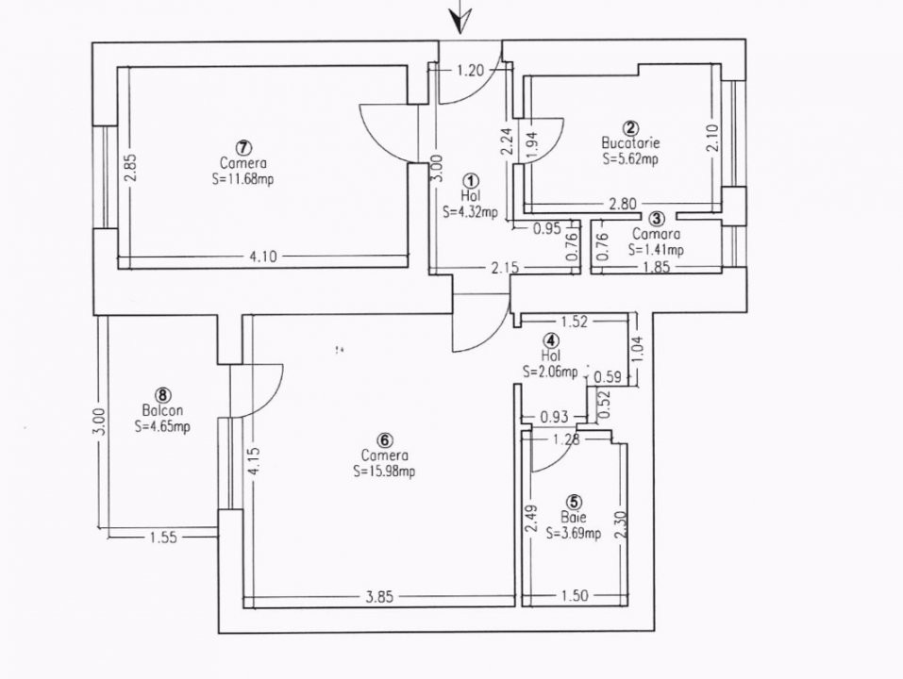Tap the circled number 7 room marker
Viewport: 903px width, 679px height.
243,147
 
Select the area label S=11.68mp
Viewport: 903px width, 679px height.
243,178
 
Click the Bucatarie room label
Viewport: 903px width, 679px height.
630,143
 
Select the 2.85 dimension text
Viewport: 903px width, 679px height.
131,167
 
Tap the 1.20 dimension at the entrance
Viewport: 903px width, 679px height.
470,69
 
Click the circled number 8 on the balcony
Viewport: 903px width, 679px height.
163,395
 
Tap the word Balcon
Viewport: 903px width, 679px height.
162,410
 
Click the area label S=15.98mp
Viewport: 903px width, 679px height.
384,472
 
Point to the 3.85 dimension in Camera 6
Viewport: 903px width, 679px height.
381,596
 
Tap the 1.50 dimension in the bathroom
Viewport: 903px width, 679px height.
574,596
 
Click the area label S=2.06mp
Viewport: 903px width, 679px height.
550,373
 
